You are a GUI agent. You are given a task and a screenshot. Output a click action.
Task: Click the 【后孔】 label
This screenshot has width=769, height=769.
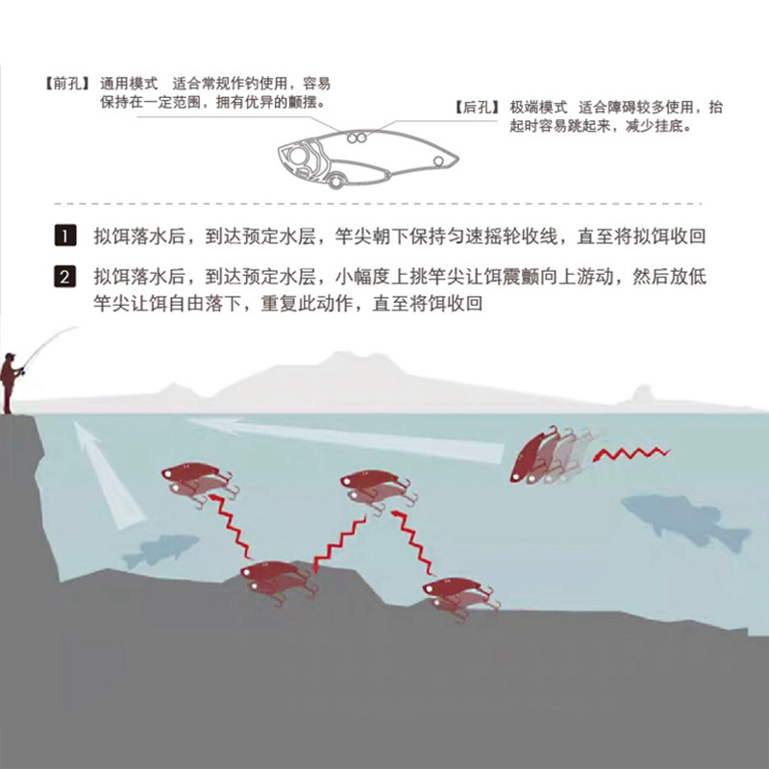478,108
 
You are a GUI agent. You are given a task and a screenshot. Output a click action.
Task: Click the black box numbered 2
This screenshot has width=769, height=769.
63,278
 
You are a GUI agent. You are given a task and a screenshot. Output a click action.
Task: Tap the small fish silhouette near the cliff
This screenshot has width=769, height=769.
154,552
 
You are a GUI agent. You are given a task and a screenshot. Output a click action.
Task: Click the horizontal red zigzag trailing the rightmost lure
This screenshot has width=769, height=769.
633,452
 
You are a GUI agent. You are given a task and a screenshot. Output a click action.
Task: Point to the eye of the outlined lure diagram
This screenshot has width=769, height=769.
301,154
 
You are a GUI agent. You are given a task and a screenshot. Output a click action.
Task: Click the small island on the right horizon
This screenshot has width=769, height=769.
642,393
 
